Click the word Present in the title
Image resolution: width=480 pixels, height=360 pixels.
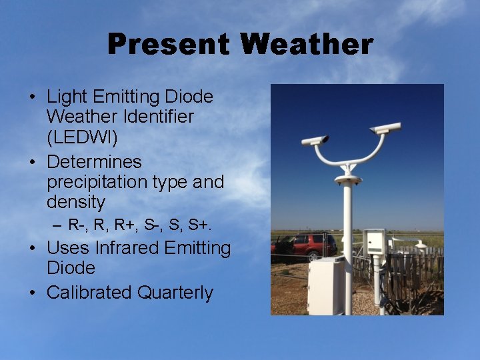click(x=169, y=45)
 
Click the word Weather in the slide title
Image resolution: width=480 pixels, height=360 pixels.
click(x=307, y=45)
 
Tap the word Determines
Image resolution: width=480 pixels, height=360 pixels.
click(x=94, y=162)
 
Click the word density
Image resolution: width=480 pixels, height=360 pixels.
click(x=76, y=201)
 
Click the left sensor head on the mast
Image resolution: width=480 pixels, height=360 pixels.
click(x=315, y=141)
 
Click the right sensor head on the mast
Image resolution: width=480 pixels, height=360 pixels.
click(x=385, y=127)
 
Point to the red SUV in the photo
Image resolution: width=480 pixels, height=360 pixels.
click(x=303, y=245)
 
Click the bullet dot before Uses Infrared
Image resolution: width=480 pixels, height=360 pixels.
click(x=33, y=249)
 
